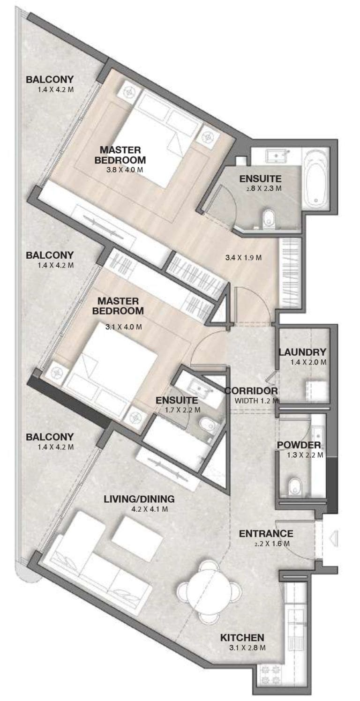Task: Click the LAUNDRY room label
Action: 302,352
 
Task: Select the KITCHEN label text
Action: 242,637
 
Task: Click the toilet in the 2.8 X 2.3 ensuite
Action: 269,218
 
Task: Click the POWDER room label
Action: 299,445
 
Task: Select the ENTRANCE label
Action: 266,533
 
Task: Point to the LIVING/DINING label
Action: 139,499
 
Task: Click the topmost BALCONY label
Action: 50,79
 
